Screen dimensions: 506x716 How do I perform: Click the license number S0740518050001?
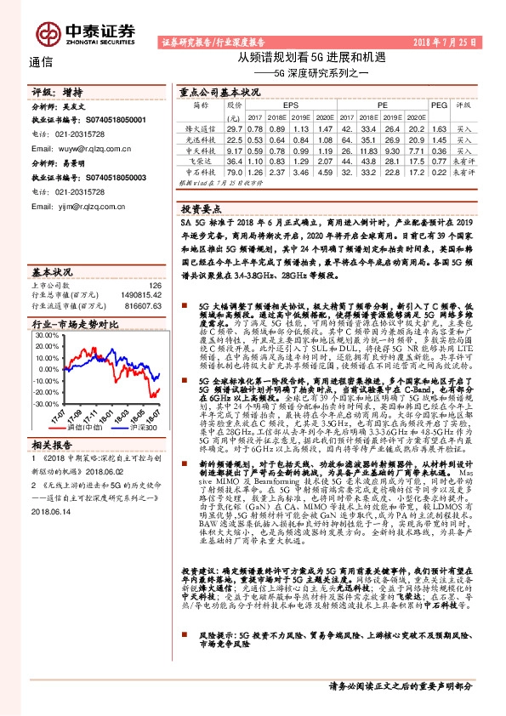tap(117, 122)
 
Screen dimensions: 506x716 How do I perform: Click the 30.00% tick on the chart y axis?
tap(44, 334)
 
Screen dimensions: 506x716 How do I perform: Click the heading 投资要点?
tap(202, 207)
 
